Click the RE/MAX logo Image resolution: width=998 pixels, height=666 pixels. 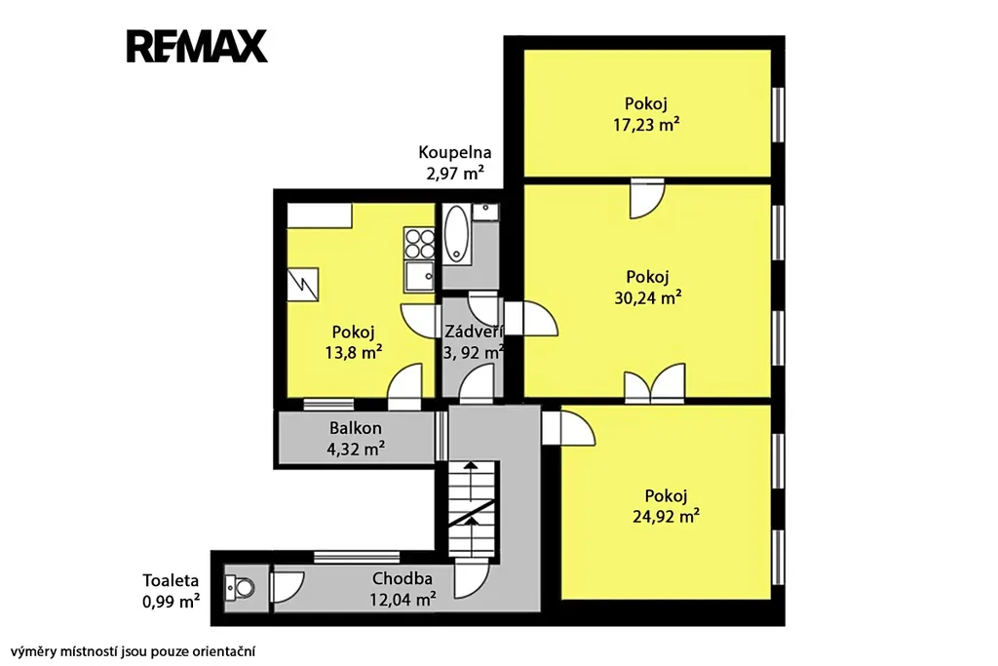(x=197, y=46)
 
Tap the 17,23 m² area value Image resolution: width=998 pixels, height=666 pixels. (x=646, y=124)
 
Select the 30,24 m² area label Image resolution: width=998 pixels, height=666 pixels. (x=648, y=297)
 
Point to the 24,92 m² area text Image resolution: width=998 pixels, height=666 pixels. (x=667, y=516)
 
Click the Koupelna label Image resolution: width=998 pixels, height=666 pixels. (x=454, y=152)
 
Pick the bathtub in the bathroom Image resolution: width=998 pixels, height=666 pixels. (x=455, y=233)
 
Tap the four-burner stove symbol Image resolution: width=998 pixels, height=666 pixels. (x=419, y=244)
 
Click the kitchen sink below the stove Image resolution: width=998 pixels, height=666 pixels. (x=419, y=276)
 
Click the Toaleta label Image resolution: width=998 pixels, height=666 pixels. (x=171, y=581)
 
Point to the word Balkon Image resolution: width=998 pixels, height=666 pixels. (x=355, y=428)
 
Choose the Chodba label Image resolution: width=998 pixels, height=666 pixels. (x=403, y=579)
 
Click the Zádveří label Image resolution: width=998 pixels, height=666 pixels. (x=475, y=332)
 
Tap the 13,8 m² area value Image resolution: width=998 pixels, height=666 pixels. (x=353, y=352)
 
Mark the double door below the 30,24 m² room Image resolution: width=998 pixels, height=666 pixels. (x=655, y=383)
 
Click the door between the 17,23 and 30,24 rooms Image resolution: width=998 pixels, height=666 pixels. (x=647, y=199)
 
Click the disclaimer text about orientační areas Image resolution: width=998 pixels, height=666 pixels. (x=133, y=651)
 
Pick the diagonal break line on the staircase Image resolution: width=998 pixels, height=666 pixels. (x=471, y=513)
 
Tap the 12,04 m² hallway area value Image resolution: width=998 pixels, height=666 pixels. (x=403, y=599)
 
